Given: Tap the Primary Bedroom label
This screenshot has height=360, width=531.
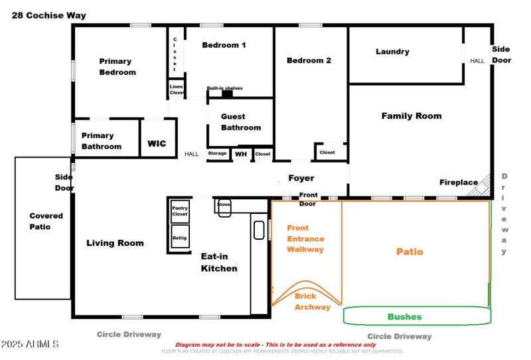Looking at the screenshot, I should (117, 66).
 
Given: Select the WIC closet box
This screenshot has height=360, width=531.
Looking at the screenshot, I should (157, 143).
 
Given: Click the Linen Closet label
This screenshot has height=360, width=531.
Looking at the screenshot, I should (176, 89).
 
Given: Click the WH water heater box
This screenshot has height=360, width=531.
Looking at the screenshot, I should (240, 154).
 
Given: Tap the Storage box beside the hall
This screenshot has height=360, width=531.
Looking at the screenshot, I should (218, 153).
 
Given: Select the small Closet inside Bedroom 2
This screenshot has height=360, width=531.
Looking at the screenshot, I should (327, 152).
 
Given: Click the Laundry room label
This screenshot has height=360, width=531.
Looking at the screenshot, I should (392, 52).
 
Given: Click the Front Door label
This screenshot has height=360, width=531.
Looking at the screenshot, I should (307, 198).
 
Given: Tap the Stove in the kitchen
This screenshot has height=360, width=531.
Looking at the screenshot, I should (224, 205).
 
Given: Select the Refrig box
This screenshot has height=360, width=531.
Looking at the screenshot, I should (180, 238).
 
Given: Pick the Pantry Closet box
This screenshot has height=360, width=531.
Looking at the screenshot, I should (180, 211).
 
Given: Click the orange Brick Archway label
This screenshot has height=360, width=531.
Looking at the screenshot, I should (312, 302).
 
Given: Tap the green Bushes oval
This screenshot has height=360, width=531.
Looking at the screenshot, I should (416, 316).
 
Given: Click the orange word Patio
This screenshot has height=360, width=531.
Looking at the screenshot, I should (410, 252).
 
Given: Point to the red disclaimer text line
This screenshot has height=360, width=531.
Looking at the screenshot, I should (275, 345).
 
